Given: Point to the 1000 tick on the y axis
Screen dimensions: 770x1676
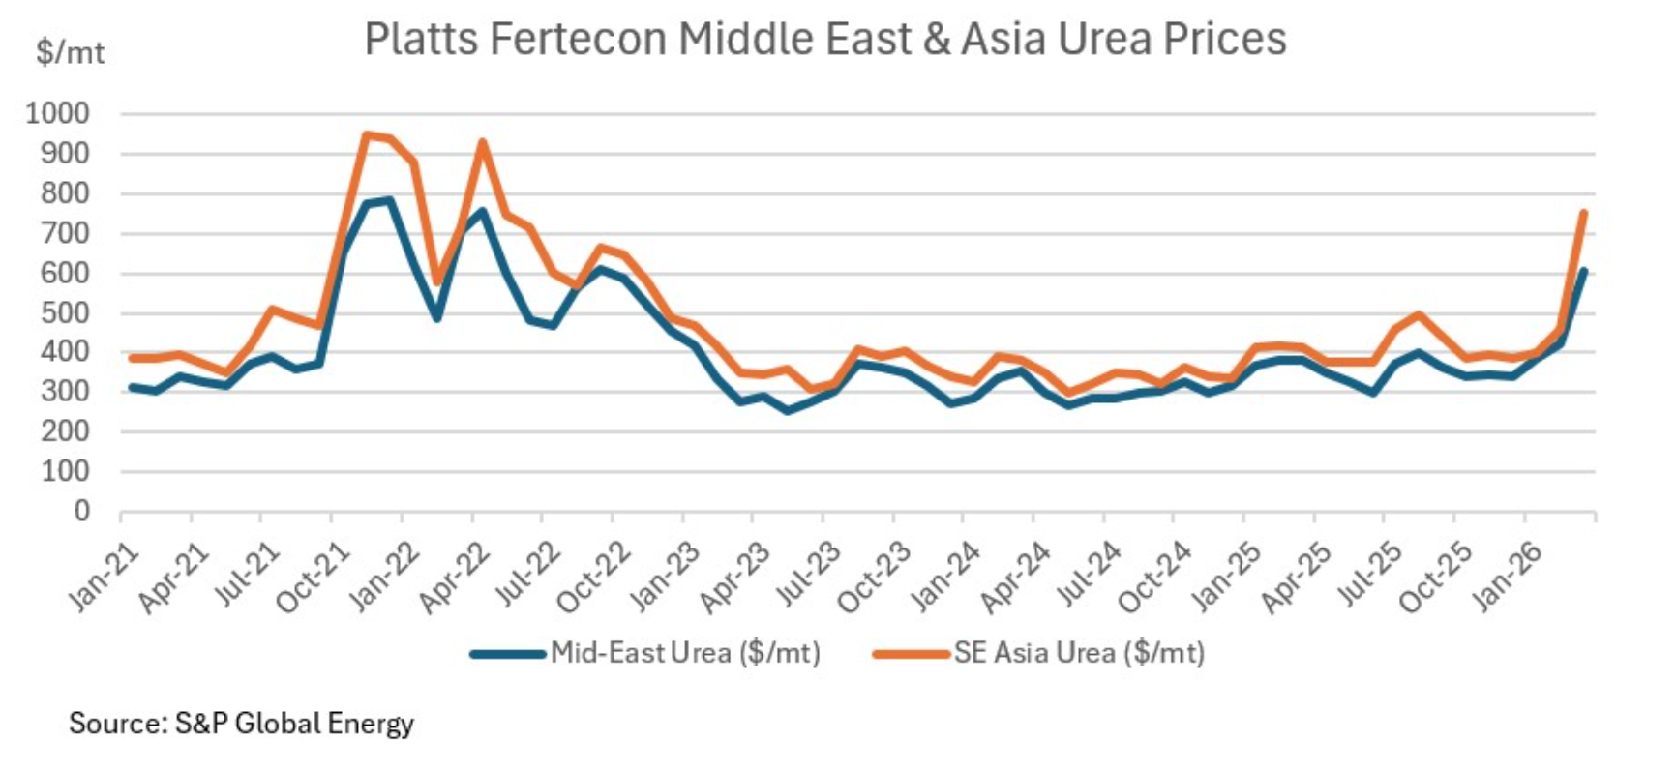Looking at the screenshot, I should click(x=58, y=114).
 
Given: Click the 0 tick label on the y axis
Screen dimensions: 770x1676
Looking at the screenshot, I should click(x=82, y=511).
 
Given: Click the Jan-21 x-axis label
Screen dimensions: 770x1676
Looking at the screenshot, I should click(x=105, y=577).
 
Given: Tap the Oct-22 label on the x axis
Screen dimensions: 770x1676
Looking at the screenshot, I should click(x=593, y=577).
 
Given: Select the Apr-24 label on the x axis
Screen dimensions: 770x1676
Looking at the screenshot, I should click(x=1015, y=577).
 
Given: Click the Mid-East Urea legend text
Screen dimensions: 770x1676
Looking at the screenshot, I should click(x=685, y=653).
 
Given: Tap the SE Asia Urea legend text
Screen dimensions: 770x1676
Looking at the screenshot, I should click(x=1079, y=653).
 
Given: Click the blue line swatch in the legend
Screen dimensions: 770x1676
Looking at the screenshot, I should click(x=508, y=654).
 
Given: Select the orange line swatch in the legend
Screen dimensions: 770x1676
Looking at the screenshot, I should click(x=911, y=654).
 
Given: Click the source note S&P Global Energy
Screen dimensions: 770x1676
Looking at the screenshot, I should click(x=241, y=724).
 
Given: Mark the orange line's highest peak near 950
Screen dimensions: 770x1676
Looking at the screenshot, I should click(x=366, y=134).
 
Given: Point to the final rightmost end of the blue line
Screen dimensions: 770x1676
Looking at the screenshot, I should click(x=1583, y=271).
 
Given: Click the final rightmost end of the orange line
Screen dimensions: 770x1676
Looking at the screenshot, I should click(x=1583, y=212).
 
